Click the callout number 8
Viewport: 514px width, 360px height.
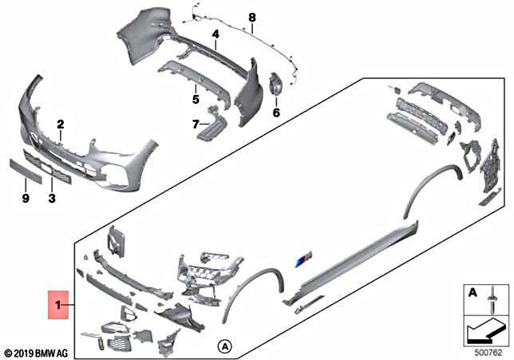pos(251,18)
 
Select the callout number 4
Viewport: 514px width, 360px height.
pos(215,34)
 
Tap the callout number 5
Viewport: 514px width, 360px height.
pos(196,99)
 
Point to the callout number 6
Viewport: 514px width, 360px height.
pos(276,113)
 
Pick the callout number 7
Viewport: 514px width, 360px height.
pos(196,125)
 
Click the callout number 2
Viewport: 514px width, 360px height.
pos(61,125)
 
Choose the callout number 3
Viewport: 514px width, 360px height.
pos(52,198)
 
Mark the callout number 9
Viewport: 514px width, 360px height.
pos(26,198)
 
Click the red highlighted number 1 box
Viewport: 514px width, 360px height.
pos(58,305)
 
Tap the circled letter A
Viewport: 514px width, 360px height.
pos(225,346)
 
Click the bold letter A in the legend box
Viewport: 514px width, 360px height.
pos(472,292)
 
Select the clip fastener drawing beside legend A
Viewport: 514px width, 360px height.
pos(492,299)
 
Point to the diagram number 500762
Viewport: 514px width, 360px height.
pos(488,353)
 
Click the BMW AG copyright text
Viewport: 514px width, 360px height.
pos(37,354)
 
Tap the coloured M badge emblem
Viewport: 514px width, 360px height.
pos(303,259)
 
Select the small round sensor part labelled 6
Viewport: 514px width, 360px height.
pos(275,85)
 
